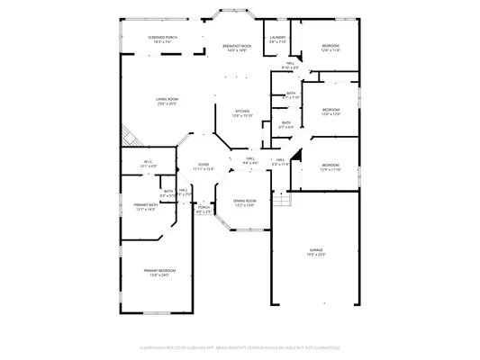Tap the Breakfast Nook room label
tap(238, 46)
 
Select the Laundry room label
tap(277, 37)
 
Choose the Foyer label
tap(204, 164)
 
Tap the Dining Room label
tap(245, 201)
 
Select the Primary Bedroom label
tap(159, 270)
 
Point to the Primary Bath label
tap(146, 206)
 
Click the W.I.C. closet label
tap(149, 163)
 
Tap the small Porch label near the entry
tap(204, 207)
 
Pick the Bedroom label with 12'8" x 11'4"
tap(331, 45)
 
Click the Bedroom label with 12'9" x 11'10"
tap(331, 165)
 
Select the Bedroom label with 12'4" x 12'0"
tap(331, 110)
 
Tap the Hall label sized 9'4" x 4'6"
tap(250, 158)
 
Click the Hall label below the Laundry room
tap(290, 63)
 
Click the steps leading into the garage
tap(278, 198)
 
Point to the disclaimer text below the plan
tap(240, 346)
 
